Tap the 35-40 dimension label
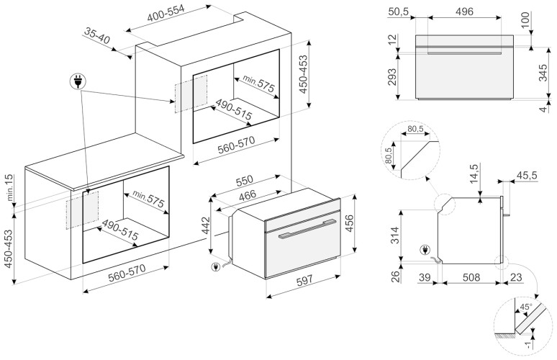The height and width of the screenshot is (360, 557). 96,35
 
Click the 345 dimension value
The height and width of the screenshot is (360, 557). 544,72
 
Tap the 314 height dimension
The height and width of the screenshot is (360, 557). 395,235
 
